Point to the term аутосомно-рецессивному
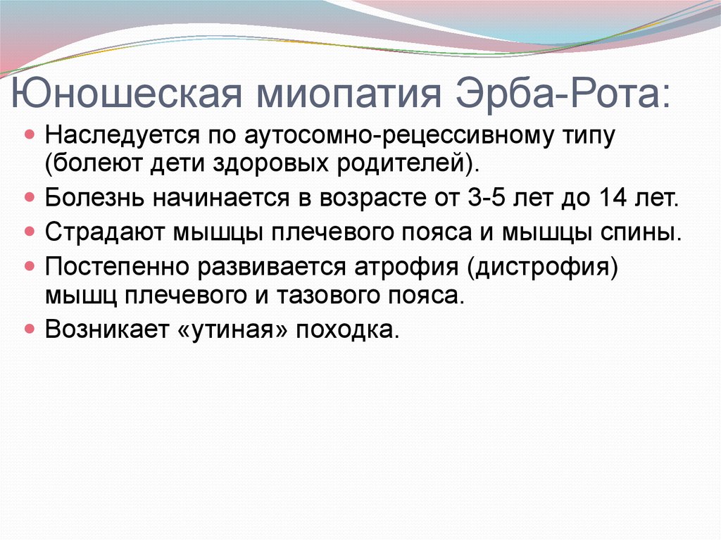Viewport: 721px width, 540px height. click(x=391, y=137)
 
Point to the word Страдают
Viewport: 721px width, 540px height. click(x=106, y=232)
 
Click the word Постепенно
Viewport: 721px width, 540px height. click(x=118, y=267)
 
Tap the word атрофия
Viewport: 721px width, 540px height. click(x=406, y=268)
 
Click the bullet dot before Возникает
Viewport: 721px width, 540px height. click(x=30, y=329)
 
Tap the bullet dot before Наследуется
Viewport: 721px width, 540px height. click(x=30, y=134)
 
